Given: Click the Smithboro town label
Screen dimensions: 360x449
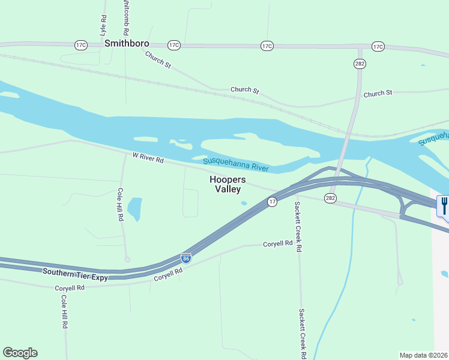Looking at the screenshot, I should click(x=127, y=44).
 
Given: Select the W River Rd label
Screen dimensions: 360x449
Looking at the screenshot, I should click(x=148, y=158).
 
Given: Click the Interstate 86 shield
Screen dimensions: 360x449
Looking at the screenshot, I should click(x=186, y=257).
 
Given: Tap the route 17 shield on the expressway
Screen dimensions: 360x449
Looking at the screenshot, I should click(x=272, y=202).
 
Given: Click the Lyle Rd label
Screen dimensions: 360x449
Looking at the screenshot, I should click(x=103, y=23).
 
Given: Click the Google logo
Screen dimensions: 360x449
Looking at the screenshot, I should click(x=20, y=353).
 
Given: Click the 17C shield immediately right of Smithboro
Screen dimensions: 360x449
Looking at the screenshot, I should click(x=174, y=45).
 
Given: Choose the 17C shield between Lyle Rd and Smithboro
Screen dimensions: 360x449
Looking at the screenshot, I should click(x=81, y=45).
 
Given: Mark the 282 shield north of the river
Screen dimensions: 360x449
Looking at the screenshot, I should click(x=360, y=63).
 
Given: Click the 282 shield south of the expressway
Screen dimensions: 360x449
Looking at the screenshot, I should click(x=330, y=198).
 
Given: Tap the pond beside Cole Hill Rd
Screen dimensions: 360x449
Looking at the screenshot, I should click(x=134, y=208).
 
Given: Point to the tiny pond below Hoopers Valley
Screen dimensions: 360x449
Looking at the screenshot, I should click(x=244, y=203).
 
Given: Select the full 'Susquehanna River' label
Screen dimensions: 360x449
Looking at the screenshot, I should click(x=235, y=164).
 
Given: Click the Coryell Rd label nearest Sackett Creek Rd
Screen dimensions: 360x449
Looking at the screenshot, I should click(x=277, y=244).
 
